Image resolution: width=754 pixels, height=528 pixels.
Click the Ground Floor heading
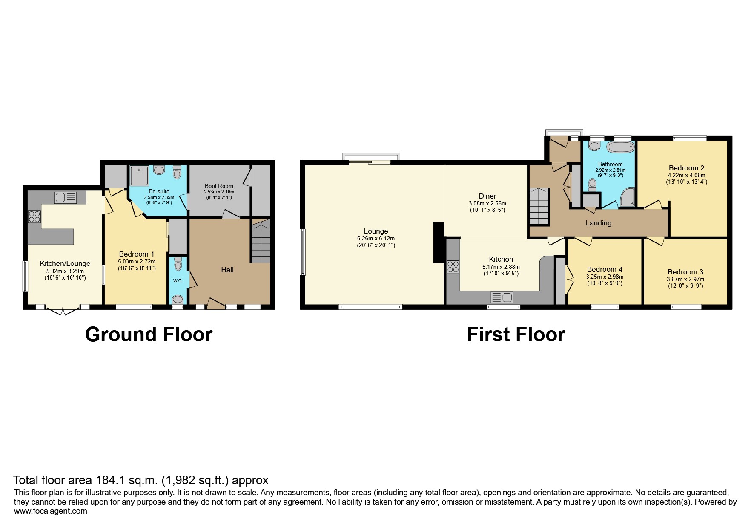point(149,335)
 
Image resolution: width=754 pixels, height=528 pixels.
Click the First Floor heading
point(516,335)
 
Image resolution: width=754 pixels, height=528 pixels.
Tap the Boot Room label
point(219,186)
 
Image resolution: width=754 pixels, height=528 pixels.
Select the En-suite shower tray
point(139,176)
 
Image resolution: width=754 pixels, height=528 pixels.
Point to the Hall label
point(227,270)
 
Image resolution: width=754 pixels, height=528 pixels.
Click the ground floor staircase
point(261,242)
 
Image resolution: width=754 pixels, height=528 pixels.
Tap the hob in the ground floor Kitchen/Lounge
point(34,216)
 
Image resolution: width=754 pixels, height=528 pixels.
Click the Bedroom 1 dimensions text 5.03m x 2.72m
point(137,261)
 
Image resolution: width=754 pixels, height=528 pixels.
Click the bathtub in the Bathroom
point(620,147)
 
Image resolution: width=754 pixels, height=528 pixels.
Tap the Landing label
point(598,223)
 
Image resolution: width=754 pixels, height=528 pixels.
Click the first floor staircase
point(539,206)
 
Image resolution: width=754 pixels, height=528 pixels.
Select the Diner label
point(487,196)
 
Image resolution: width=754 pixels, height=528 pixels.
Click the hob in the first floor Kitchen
point(453,267)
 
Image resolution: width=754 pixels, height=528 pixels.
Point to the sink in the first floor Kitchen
point(502,297)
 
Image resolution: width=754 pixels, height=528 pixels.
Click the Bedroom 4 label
point(605,269)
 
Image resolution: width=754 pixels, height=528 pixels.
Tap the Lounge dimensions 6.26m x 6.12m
point(376,239)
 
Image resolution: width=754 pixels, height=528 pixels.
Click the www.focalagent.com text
point(50,511)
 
